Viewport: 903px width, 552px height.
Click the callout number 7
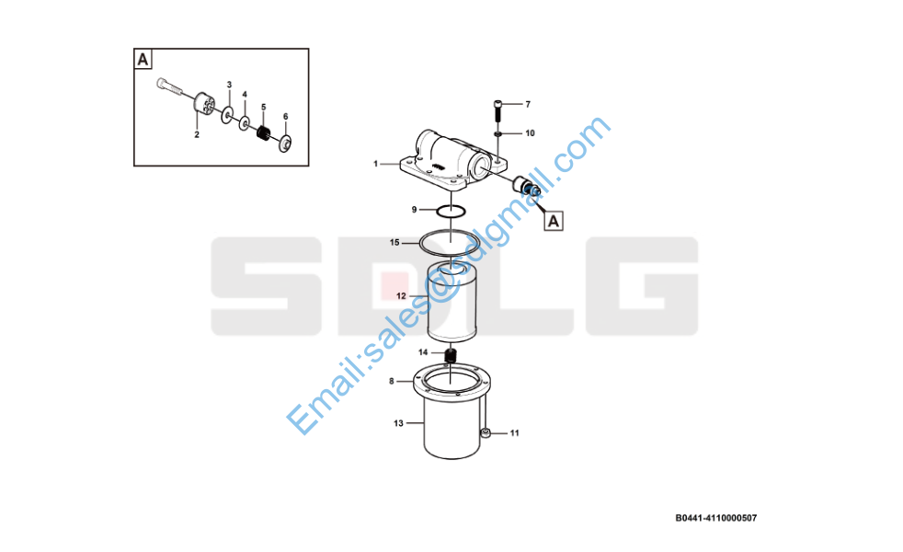tap(528, 104)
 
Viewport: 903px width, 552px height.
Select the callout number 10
tap(530, 133)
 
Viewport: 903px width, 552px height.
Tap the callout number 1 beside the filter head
tap(375, 164)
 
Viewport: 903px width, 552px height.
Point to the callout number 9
tap(414, 210)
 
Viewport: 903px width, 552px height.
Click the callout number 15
tap(394, 243)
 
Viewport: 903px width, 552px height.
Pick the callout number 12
tap(402, 296)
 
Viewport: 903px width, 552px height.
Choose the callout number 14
tap(423, 352)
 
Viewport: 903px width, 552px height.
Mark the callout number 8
tap(392, 381)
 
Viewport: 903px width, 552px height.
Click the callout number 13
tap(398, 423)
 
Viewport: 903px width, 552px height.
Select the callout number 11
tap(515, 432)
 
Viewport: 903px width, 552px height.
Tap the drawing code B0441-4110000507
tap(715, 518)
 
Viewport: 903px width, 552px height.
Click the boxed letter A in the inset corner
tap(143, 60)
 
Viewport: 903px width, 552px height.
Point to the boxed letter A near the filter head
tap(554, 222)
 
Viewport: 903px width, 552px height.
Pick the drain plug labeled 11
tap(486, 432)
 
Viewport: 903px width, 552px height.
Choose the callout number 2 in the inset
tap(197, 135)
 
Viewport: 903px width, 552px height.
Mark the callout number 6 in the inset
tap(286, 117)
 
